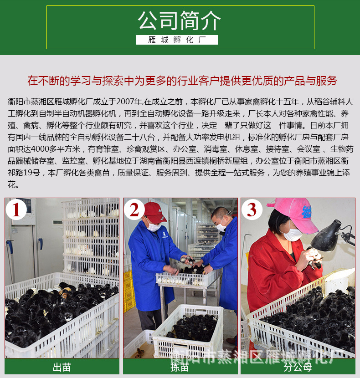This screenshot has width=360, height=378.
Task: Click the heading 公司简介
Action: [x=180, y=21]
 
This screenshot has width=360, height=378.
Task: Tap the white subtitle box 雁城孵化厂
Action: [x=177, y=40]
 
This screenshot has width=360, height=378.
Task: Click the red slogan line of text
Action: [x=182, y=81]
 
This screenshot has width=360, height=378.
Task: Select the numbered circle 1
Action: [x=17, y=209]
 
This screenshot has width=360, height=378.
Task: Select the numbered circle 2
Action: [x=134, y=209]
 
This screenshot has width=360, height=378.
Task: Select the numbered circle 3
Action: [x=252, y=209]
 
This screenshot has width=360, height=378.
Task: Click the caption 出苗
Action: [x=62, y=367]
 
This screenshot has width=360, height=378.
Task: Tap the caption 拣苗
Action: [x=180, y=367]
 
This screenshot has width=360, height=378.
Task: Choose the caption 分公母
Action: [x=298, y=367]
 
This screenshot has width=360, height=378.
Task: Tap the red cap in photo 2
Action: [x=155, y=211]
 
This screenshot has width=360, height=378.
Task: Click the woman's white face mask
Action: [x=292, y=235]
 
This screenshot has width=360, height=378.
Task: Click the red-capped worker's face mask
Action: [x=154, y=226]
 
